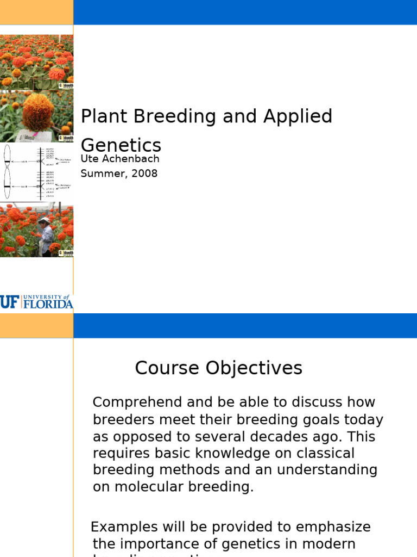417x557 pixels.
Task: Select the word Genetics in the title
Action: (x=121, y=145)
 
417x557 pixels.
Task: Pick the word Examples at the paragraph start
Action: (x=124, y=527)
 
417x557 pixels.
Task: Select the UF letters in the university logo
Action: (x=9, y=302)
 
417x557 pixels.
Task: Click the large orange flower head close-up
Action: (x=38, y=113)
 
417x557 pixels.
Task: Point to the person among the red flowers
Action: (x=46, y=237)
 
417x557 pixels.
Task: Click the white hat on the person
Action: (x=44, y=220)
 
